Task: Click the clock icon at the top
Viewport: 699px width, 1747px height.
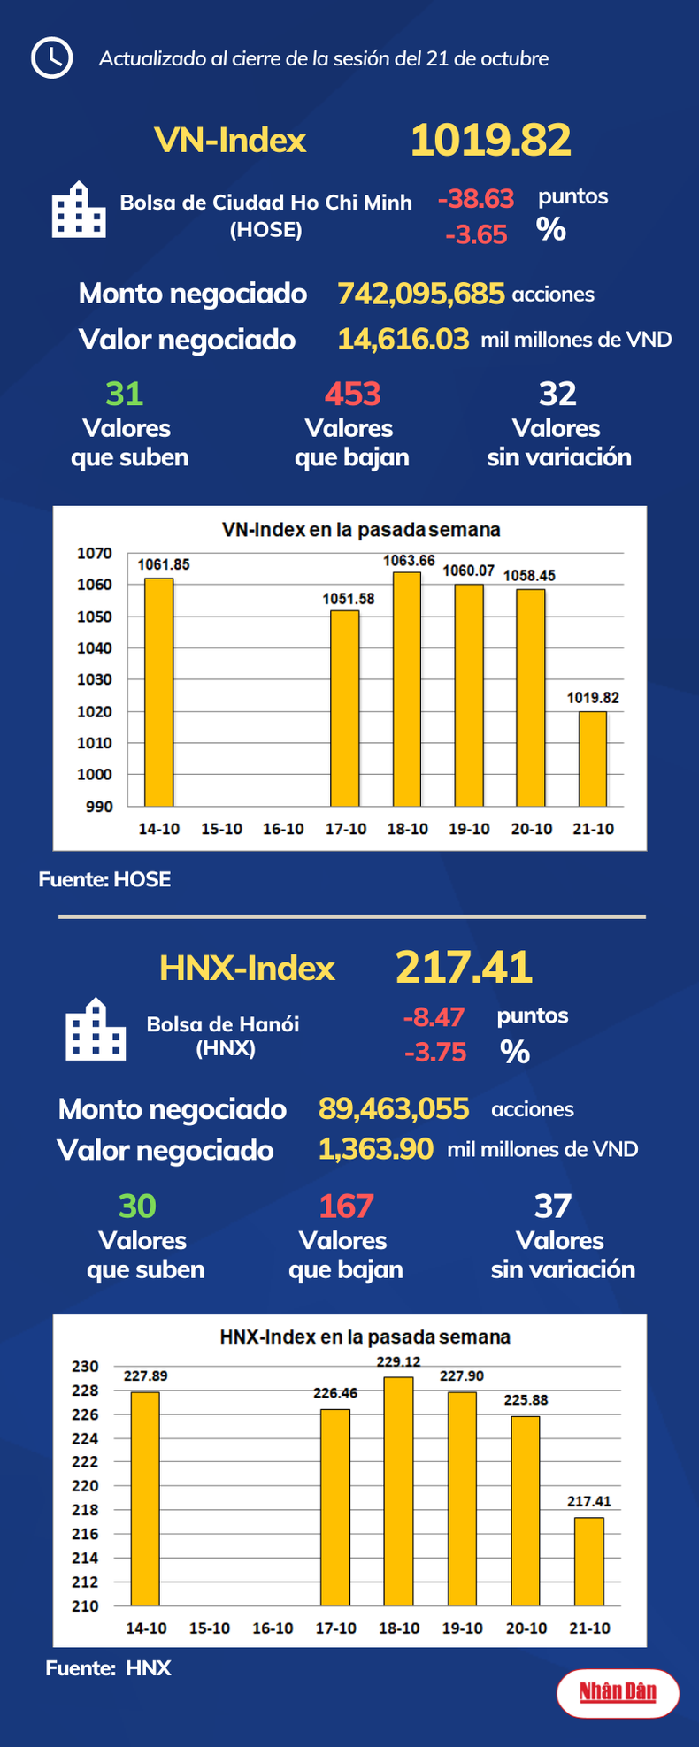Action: coord(51,58)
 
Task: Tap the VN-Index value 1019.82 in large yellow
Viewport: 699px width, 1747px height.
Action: coord(490,141)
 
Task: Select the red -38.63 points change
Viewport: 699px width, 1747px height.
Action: coord(475,199)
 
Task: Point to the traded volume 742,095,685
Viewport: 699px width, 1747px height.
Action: coord(421,294)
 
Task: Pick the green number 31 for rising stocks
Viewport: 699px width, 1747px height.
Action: coord(124,394)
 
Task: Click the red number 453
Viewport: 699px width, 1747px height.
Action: coord(352,394)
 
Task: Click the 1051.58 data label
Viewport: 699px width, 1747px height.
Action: coord(348,599)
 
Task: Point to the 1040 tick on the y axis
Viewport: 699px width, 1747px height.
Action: coord(95,648)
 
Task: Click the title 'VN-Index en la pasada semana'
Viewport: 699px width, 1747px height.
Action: coord(361,530)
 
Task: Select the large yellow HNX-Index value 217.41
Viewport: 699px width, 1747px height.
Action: coord(464,967)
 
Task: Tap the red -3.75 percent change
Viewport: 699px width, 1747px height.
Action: coord(434,1053)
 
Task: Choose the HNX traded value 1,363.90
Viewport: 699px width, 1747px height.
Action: coord(376,1149)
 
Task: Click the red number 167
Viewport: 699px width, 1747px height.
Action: coord(346,1207)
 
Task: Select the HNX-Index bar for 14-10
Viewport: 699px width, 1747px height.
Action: coord(145,1498)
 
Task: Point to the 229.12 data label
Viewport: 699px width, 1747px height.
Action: coord(398,1362)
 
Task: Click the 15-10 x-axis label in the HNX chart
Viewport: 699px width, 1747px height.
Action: coord(210,1628)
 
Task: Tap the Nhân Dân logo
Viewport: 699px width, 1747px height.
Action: coord(618,1692)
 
